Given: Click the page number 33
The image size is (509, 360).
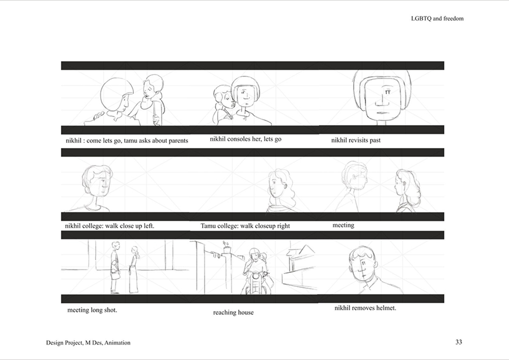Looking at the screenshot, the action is (x=459, y=342).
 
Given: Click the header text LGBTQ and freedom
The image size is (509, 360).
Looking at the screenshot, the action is (x=437, y=18).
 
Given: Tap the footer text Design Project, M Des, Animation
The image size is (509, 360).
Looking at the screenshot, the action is (x=88, y=343).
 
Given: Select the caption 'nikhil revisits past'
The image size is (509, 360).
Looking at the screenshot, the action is (x=356, y=140).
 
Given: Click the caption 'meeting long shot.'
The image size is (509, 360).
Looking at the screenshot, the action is (x=92, y=310).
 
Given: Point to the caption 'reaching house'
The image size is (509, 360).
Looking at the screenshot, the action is (x=234, y=313).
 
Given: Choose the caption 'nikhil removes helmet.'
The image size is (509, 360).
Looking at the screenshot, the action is (x=365, y=308).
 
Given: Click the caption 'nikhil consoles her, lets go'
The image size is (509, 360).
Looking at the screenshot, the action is (x=245, y=139).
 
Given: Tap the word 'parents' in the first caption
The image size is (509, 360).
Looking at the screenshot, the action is (x=178, y=141).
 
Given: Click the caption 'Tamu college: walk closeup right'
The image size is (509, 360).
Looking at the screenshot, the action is (x=245, y=226).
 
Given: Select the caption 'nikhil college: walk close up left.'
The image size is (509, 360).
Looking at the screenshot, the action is (x=110, y=226).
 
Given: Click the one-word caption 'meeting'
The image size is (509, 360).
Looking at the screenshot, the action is (x=343, y=225).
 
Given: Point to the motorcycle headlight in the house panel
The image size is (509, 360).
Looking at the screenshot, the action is (x=257, y=276).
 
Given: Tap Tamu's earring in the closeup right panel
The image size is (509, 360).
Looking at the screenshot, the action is (x=286, y=187).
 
